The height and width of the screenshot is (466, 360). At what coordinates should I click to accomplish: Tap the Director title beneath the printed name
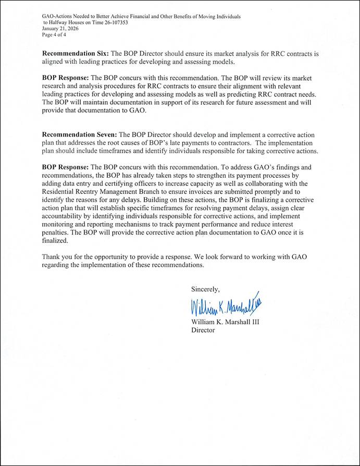(203, 330)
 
